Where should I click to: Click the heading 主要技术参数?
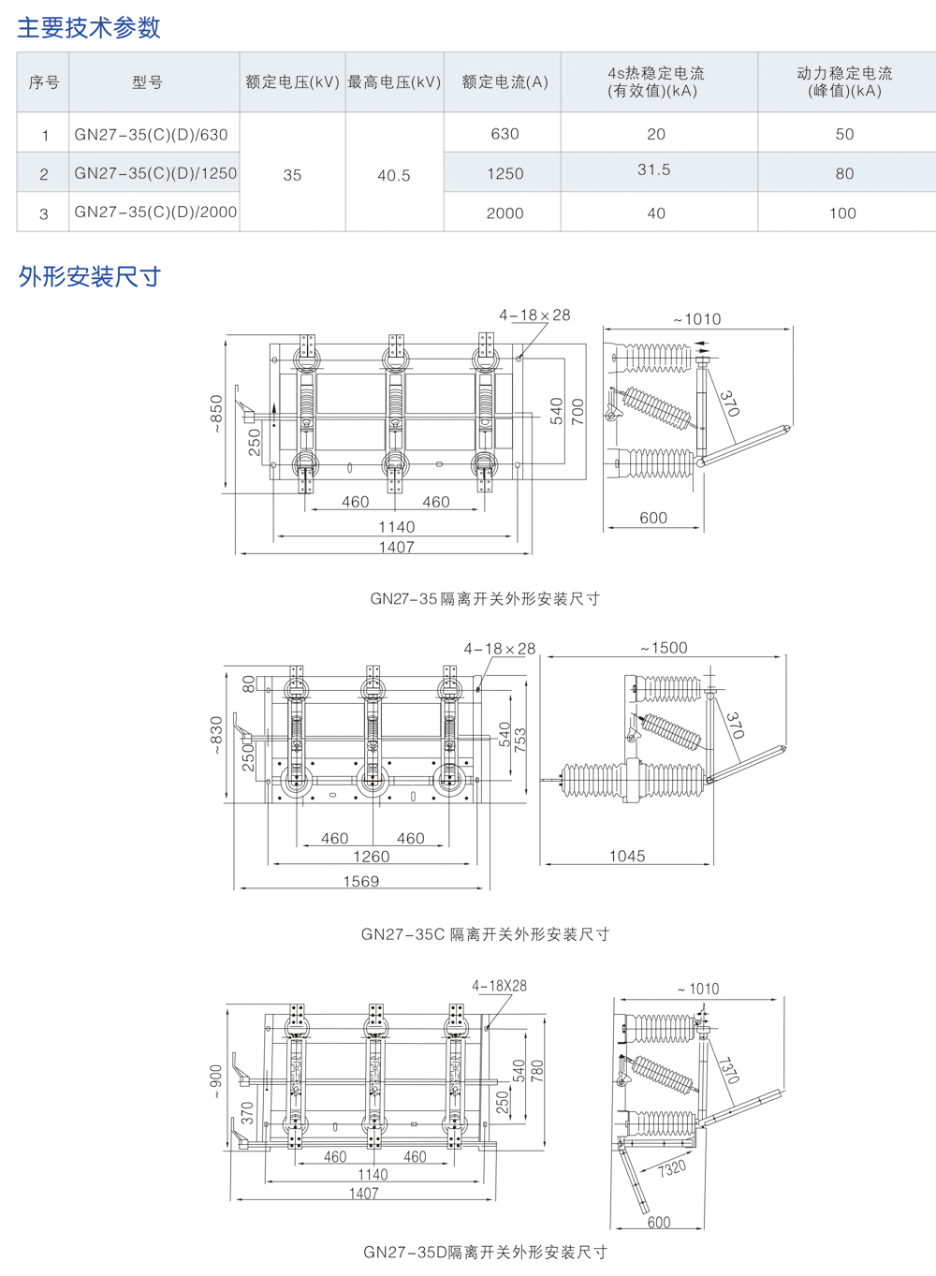[x=89, y=28]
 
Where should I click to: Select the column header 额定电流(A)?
[x=505, y=82]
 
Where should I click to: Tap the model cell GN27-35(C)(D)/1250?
[x=155, y=173]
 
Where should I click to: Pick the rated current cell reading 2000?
[x=505, y=213]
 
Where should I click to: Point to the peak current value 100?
[x=842, y=213]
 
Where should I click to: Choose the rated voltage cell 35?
[x=292, y=175]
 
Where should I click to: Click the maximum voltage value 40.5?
[x=393, y=175]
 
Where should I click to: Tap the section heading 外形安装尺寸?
[x=90, y=277]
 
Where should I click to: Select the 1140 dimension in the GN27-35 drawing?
[x=396, y=527]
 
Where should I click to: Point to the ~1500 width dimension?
[x=664, y=648]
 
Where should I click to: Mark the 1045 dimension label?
[x=627, y=856]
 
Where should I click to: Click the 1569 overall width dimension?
[x=361, y=881]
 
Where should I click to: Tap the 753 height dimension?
[x=520, y=739]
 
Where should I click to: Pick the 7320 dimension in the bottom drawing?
[x=671, y=1168]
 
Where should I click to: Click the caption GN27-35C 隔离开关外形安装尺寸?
[x=485, y=934]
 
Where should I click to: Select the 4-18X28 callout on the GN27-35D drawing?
[x=499, y=986]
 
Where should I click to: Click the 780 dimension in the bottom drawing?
[x=536, y=1069]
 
